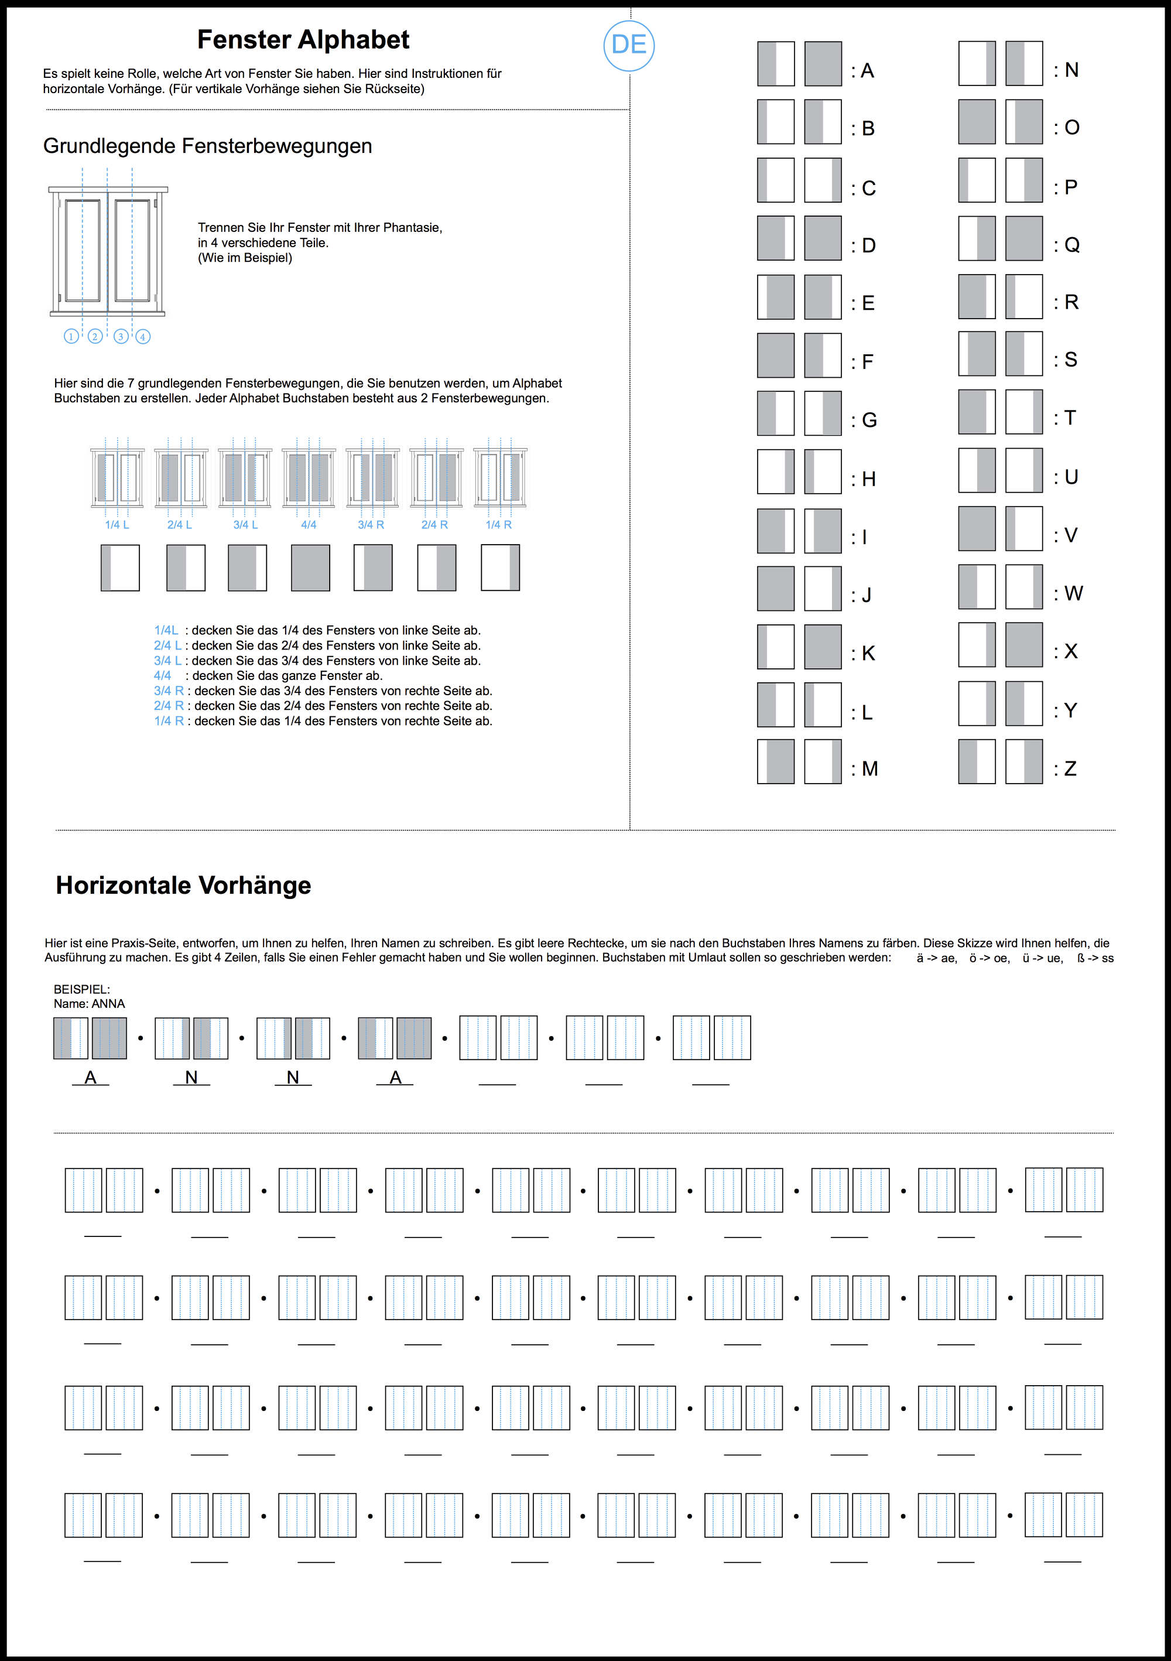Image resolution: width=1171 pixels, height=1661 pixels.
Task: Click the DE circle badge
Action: (x=629, y=46)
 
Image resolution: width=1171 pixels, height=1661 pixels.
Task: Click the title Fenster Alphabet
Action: (x=303, y=40)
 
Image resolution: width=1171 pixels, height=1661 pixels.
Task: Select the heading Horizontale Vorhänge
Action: (x=183, y=886)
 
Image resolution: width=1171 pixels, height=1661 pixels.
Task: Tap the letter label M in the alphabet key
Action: (x=870, y=769)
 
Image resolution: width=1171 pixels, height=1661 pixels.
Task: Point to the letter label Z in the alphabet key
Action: (x=1070, y=769)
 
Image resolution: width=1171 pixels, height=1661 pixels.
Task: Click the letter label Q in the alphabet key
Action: (x=1072, y=245)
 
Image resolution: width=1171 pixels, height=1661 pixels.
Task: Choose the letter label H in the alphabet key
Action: (x=869, y=479)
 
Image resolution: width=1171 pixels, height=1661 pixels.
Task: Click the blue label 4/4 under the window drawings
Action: (x=309, y=525)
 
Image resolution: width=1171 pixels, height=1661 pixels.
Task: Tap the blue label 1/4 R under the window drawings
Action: (x=498, y=525)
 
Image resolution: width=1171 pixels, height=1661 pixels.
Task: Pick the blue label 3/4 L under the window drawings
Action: (x=245, y=525)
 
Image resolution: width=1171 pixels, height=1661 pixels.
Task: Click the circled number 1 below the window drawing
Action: (x=71, y=336)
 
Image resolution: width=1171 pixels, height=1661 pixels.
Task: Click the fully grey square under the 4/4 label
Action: (x=310, y=568)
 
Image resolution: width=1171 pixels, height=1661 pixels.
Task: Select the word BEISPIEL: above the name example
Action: (x=82, y=989)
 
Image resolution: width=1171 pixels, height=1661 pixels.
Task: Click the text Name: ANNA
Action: (x=89, y=1004)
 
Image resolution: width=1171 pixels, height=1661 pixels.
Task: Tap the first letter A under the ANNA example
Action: (x=90, y=1077)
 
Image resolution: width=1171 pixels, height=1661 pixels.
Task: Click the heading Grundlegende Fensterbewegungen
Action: (x=208, y=146)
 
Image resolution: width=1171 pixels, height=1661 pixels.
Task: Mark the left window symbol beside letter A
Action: (x=775, y=64)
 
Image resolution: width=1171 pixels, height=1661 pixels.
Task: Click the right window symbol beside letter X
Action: (x=1023, y=645)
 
